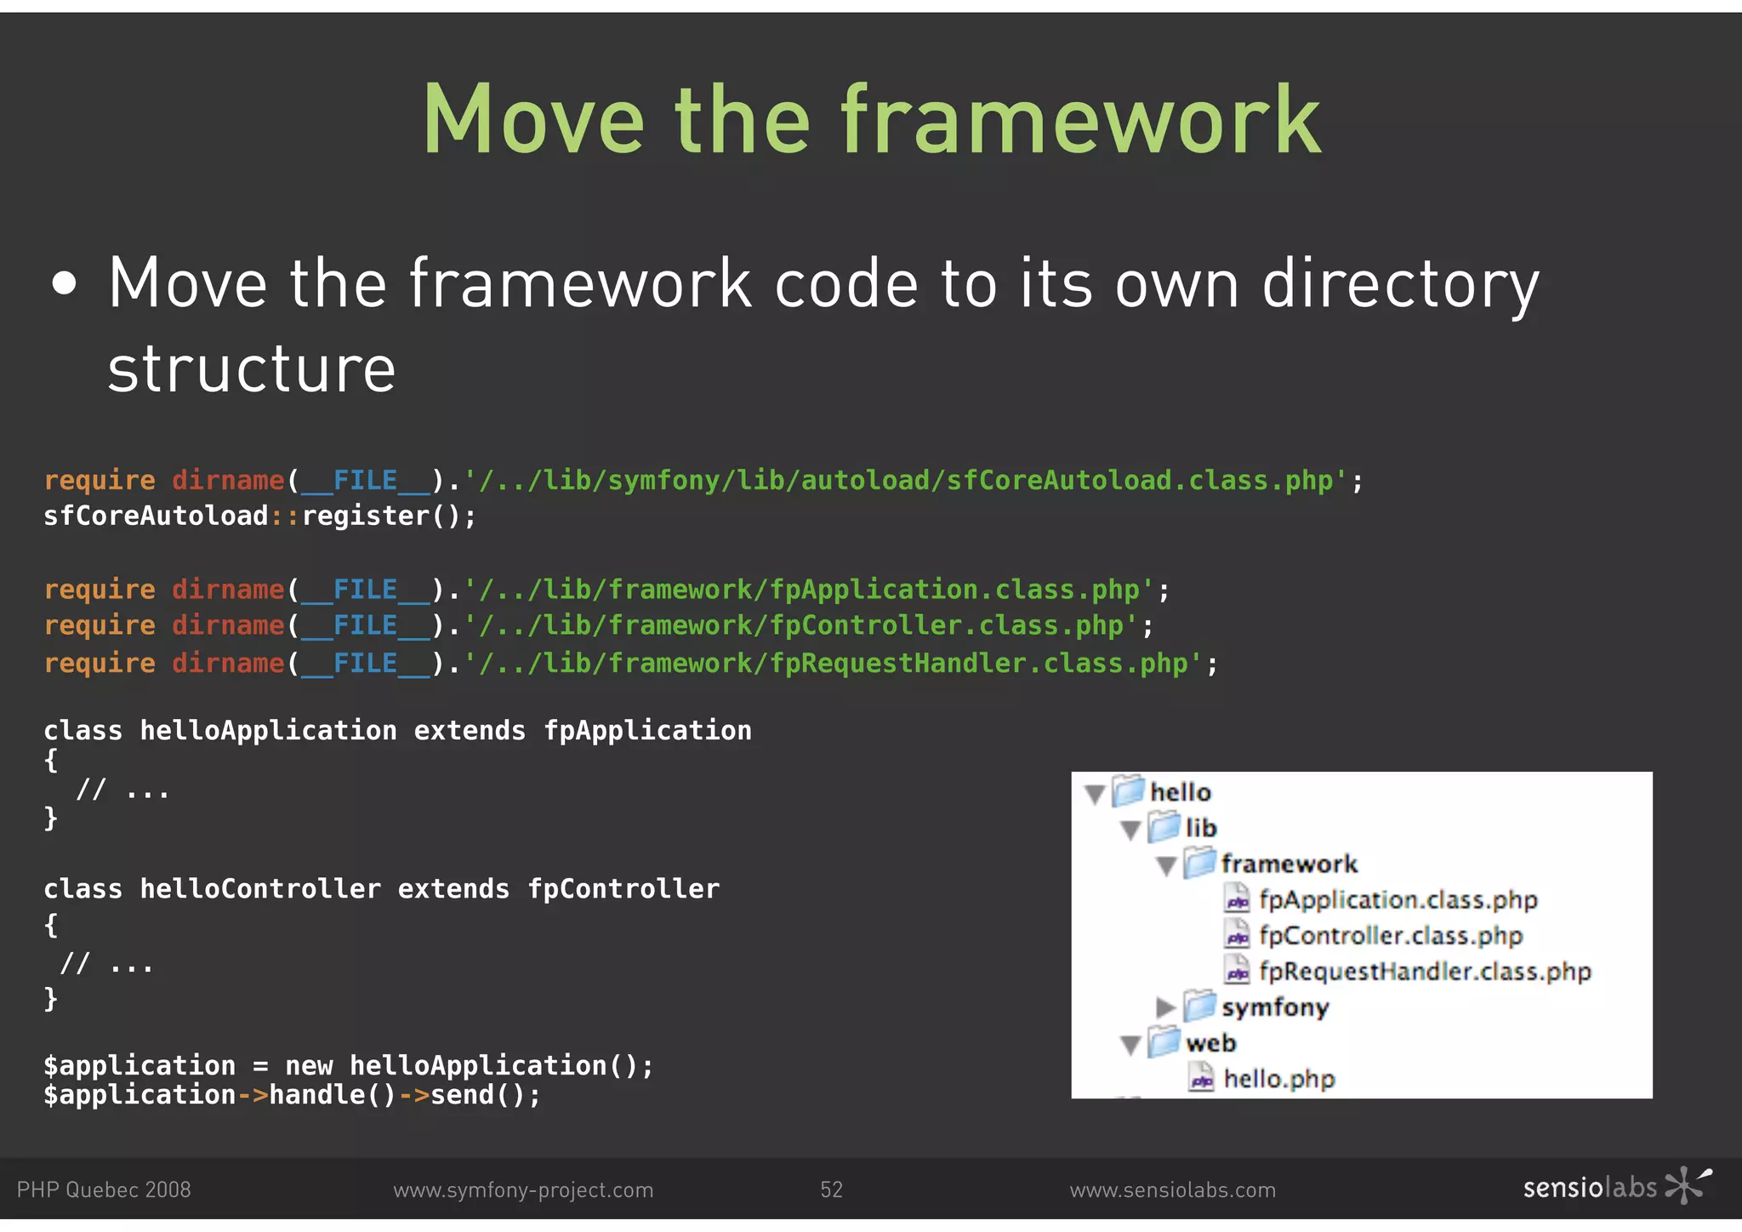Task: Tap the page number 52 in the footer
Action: point(831,1189)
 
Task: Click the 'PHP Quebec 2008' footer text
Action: point(104,1189)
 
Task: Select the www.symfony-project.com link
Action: point(523,1189)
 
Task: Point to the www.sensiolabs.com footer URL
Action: point(1172,1189)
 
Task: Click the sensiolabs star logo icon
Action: point(1687,1185)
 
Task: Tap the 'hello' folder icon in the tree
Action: point(1129,791)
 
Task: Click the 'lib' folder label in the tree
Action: point(1201,828)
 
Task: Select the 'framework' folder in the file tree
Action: point(1289,864)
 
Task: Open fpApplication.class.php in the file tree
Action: point(1398,900)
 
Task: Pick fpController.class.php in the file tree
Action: point(1390,936)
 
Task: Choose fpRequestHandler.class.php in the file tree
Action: point(1425,972)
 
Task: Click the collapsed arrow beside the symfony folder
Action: point(1165,1008)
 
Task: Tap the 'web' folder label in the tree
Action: point(1210,1043)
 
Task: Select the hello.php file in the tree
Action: point(1278,1080)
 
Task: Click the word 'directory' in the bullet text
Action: point(1400,285)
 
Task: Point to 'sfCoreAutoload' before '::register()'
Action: point(156,516)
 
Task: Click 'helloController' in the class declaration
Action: point(260,889)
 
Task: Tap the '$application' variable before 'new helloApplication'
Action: point(139,1065)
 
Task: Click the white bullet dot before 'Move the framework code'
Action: point(65,284)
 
